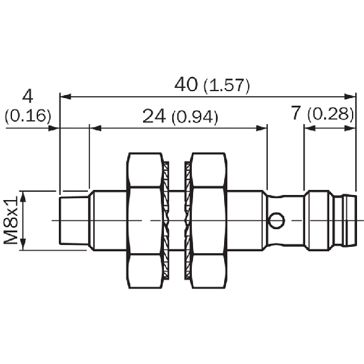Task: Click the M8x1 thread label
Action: (x=11, y=220)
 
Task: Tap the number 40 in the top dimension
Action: (x=186, y=84)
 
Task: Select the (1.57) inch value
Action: (x=227, y=86)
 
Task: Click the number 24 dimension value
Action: (x=154, y=116)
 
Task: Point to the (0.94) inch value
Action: (x=195, y=117)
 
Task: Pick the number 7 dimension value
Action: (x=296, y=113)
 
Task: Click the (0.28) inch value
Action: (x=331, y=114)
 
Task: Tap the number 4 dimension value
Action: (x=28, y=96)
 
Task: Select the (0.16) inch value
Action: (x=28, y=115)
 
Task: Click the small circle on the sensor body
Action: (x=276, y=220)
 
